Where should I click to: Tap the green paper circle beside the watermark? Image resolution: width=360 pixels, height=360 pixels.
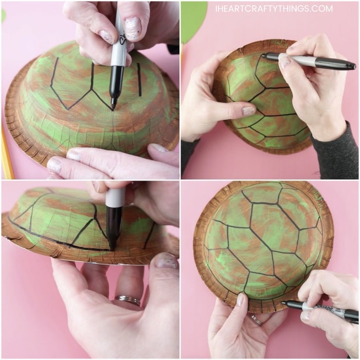193,21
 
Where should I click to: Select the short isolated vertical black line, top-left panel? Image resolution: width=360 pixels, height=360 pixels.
139,80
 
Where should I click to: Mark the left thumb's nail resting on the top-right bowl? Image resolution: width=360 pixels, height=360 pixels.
249,111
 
